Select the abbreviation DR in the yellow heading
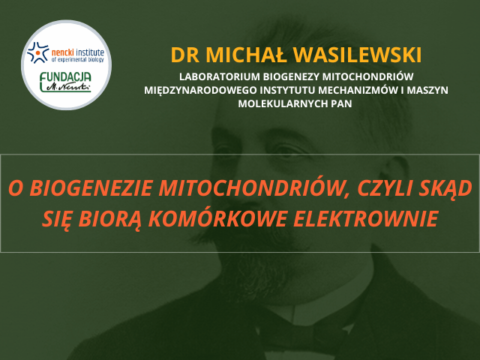click(185, 55)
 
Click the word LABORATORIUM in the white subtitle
click(219, 76)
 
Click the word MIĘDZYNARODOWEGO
click(200, 90)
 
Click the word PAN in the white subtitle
click(341, 103)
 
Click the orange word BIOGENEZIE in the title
click(91, 188)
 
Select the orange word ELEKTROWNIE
click(366, 218)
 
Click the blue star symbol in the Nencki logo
click(37, 52)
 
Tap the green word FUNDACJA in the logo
click(65, 77)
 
